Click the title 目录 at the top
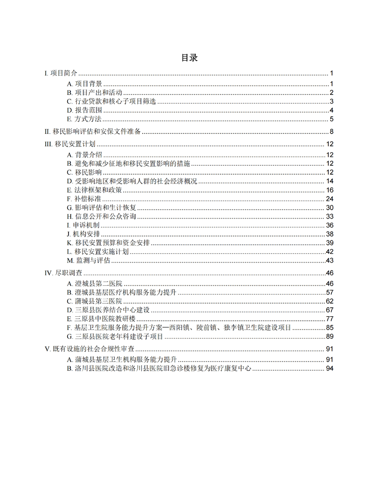point(189,58)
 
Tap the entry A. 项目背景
point(84,84)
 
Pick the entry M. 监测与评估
point(88,260)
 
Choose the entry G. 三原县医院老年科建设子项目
point(115,336)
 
